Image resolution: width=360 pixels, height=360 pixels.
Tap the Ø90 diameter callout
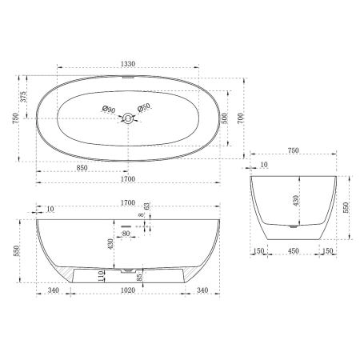[109, 109]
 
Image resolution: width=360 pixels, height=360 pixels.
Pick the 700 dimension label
[255, 118]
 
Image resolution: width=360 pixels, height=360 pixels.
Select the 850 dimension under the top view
[82, 168]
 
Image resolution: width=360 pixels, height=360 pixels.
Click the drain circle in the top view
[126, 118]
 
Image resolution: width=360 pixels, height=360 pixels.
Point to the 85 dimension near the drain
[141, 278]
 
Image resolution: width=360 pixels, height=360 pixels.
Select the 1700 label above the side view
[127, 203]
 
